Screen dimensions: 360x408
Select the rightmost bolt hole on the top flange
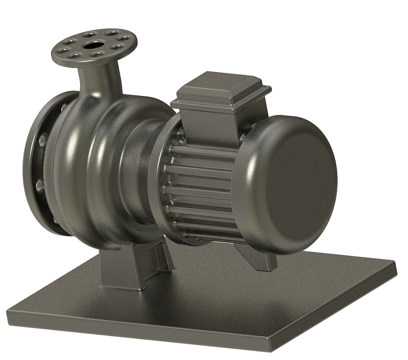pos(125,39)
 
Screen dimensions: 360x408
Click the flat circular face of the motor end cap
pos(303,183)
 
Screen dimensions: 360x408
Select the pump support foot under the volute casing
pos(120,267)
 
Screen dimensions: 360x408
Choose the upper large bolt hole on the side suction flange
pos(42,140)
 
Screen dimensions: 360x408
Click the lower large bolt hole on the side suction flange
pos(39,185)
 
